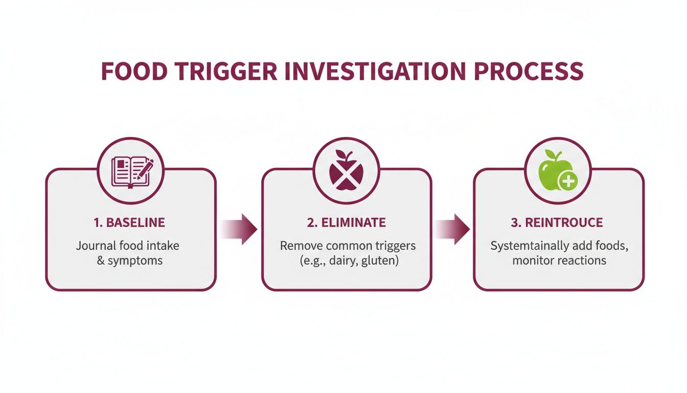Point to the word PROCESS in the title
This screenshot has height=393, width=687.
(529, 71)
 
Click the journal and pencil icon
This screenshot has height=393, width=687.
(131, 171)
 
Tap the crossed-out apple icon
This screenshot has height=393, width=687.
(347, 170)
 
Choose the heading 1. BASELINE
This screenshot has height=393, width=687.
(129, 223)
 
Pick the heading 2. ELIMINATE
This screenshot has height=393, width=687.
(347, 223)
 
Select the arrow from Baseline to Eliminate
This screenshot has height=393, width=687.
(239, 228)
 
